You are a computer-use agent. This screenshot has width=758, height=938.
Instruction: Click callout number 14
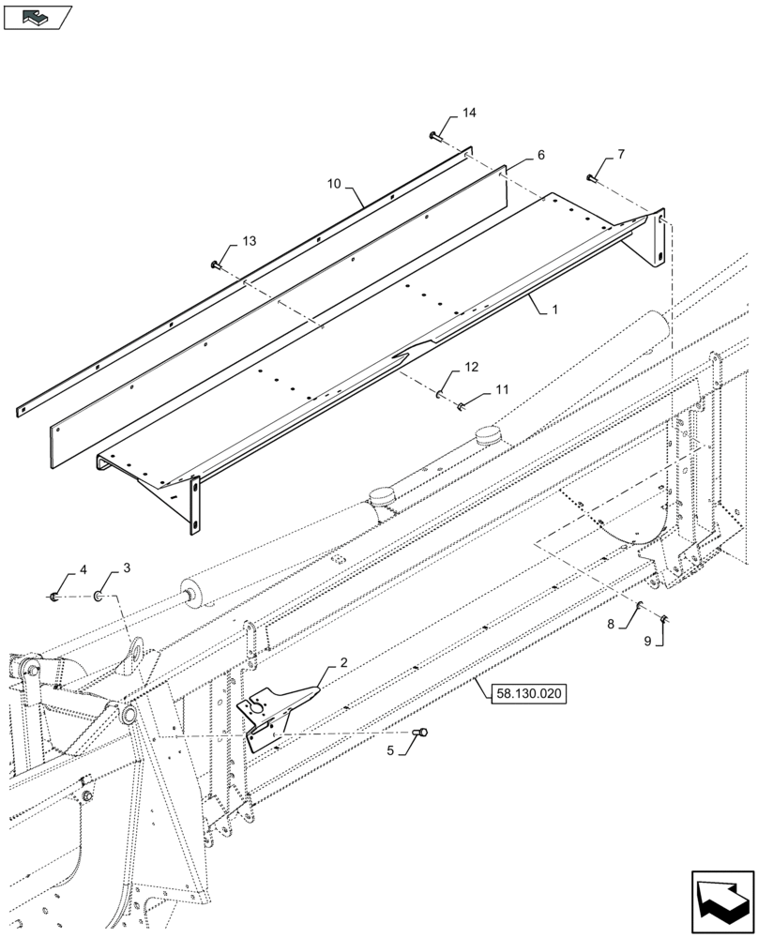pyautogui.click(x=469, y=113)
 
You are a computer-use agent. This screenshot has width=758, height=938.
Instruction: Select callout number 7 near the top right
pyautogui.click(x=620, y=154)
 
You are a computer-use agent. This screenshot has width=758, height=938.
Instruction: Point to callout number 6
pyautogui.click(x=540, y=153)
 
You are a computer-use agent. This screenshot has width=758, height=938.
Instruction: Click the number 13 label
pyautogui.click(x=248, y=242)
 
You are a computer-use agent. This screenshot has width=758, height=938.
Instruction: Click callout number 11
pyautogui.click(x=502, y=387)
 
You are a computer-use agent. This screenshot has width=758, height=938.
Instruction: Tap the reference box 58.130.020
pyautogui.click(x=526, y=694)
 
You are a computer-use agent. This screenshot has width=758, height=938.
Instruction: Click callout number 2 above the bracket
pyautogui.click(x=343, y=663)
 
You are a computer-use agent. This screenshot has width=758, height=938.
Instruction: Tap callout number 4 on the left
pyautogui.click(x=83, y=569)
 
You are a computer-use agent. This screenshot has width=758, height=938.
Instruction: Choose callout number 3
pyautogui.click(x=127, y=569)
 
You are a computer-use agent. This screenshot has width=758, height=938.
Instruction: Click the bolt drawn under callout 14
pyautogui.click(x=435, y=137)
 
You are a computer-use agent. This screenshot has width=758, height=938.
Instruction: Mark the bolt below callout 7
pyautogui.click(x=592, y=177)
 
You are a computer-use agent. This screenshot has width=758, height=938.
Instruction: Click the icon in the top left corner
pyautogui.click(x=38, y=16)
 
